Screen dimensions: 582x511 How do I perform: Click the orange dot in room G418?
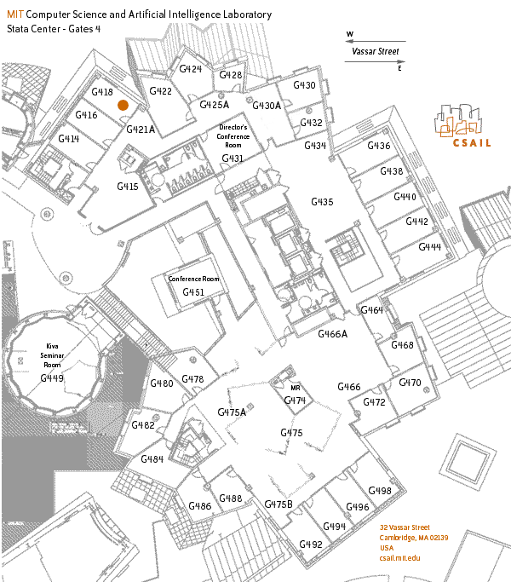pyautogui.click(x=123, y=104)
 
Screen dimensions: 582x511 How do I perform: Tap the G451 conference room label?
pyautogui.click(x=193, y=292)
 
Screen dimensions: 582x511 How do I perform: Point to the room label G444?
pyautogui.click(x=429, y=246)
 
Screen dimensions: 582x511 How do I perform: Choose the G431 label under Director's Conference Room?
pyautogui.click(x=233, y=158)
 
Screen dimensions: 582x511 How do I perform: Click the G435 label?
pyautogui.click(x=322, y=202)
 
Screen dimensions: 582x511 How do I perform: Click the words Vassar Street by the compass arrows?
pyautogui.click(x=376, y=51)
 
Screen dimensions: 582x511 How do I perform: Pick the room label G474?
pyautogui.click(x=295, y=400)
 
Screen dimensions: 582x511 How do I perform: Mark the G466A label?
pyautogui.click(x=333, y=334)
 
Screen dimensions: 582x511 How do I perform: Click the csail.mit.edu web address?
pyautogui.click(x=400, y=556)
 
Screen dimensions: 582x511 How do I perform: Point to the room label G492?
pyautogui.click(x=311, y=545)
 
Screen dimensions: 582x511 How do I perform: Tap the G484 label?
pyautogui.click(x=152, y=459)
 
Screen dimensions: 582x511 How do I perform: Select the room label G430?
pyautogui.click(x=304, y=85)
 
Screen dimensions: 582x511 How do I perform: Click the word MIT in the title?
pyautogui.click(x=15, y=15)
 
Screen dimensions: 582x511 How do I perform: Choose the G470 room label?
pyautogui.click(x=410, y=383)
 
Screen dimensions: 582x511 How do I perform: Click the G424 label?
pyautogui.click(x=191, y=68)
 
